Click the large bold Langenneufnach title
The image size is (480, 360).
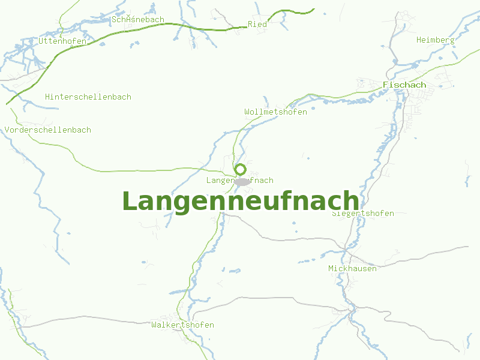(x=241, y=202)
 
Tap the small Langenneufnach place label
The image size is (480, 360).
(x=239, y=180)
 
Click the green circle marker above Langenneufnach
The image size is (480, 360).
(x=240, y=169)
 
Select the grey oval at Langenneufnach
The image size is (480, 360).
(x=242, y=181)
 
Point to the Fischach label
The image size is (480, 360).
(x=404, y=85)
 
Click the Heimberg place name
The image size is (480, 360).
(x=435, y=40)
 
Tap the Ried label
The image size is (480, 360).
(x=257, y=24)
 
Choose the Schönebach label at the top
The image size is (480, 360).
(x=138, y=20)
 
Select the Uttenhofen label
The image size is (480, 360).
(x=62, y=41)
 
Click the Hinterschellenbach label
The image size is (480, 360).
(x=88, y=97)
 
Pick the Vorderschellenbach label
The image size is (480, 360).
(x=48, y=130)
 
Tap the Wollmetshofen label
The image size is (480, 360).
(x=275, y=112)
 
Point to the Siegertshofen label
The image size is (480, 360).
(x=363, y=214)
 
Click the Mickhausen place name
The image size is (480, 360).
(x=352, y=268)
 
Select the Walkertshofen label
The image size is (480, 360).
(x=182, y=325)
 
